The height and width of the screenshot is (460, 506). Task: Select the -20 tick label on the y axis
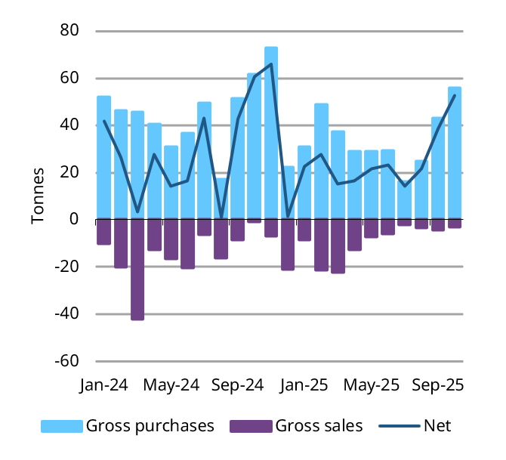(x=68, y=267)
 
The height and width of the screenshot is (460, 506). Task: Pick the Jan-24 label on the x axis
(x=103, y=384)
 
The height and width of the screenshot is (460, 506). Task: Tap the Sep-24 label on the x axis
(x=237, y=384)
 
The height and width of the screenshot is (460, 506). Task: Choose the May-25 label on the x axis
(x=371, y=384)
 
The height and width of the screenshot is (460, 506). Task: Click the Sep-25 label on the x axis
(x=437, y=384)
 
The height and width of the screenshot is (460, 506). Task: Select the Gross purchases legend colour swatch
(x=60, y=426)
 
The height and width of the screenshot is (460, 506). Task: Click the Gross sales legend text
(x=318, y=426)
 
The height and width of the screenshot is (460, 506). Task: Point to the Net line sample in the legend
(x=400, y=426)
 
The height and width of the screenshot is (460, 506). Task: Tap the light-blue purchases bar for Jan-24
(x=103, y=158)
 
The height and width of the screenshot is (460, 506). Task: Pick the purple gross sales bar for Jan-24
(x=103, y=232)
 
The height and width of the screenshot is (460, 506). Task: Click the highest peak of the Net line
(x=271, y=64)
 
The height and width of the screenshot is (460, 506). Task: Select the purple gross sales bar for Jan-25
(x=304, y=230)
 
